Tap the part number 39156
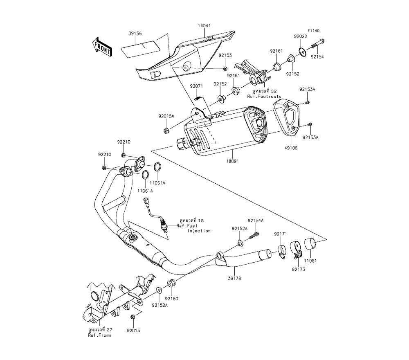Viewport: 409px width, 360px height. (135, 33)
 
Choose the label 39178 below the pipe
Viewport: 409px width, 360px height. (234, 278)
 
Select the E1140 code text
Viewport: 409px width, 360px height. (313, 31)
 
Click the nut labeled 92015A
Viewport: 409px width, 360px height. (166, 130)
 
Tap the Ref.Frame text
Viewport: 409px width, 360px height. (99, 335)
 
